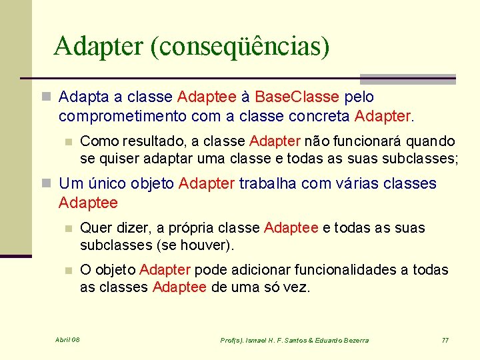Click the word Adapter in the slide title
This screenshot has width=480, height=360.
(97, 47)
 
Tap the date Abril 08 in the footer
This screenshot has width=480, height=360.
(67, 340)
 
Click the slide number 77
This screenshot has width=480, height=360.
(445, 340)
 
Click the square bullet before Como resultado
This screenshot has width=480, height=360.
(67, 142)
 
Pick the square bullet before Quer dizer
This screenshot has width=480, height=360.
(67, 229)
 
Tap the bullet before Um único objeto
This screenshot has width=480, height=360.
(47, 184)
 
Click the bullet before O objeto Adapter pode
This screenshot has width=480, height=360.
(67, 271)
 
